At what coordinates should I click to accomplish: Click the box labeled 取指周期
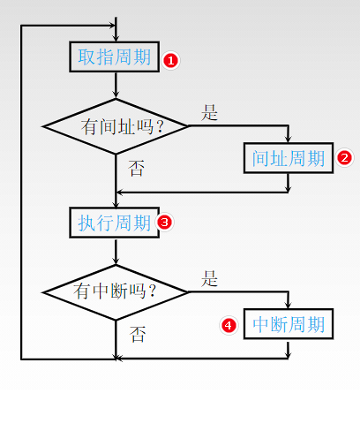(x=115, y=57)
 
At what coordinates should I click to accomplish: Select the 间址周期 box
(x=289, y=158)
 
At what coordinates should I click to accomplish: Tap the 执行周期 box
(x=115, y=223)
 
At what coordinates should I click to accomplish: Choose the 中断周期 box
(x=289, y=324)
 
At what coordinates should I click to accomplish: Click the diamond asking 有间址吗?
(x=116, y=126)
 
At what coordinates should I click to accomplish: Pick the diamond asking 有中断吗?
(x=116, y=292)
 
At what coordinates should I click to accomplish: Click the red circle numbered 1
(x=171, y=61)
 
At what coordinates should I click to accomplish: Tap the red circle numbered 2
(x=344, y=157)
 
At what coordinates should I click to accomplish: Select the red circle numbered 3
(x=164, y=222)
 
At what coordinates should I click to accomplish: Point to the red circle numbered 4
(x=229, y=326)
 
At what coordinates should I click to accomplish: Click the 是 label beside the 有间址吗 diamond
(x=209, y=113)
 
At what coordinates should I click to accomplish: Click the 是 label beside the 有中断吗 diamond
(x=209, y=278)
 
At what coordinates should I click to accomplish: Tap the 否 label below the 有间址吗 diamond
(x=137, y=169)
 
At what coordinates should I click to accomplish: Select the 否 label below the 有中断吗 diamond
(x=138, y=335)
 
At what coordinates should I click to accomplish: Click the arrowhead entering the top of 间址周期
(x=289, y=139)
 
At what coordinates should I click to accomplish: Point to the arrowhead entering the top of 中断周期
(x=289, y=305)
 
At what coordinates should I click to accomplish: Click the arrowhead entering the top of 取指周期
(x=116, y=38)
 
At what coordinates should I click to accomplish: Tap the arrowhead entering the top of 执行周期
(x=116, y=204)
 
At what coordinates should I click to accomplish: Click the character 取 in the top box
(x=86, y=57)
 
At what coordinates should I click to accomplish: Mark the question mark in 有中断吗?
(x=153, y=291)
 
